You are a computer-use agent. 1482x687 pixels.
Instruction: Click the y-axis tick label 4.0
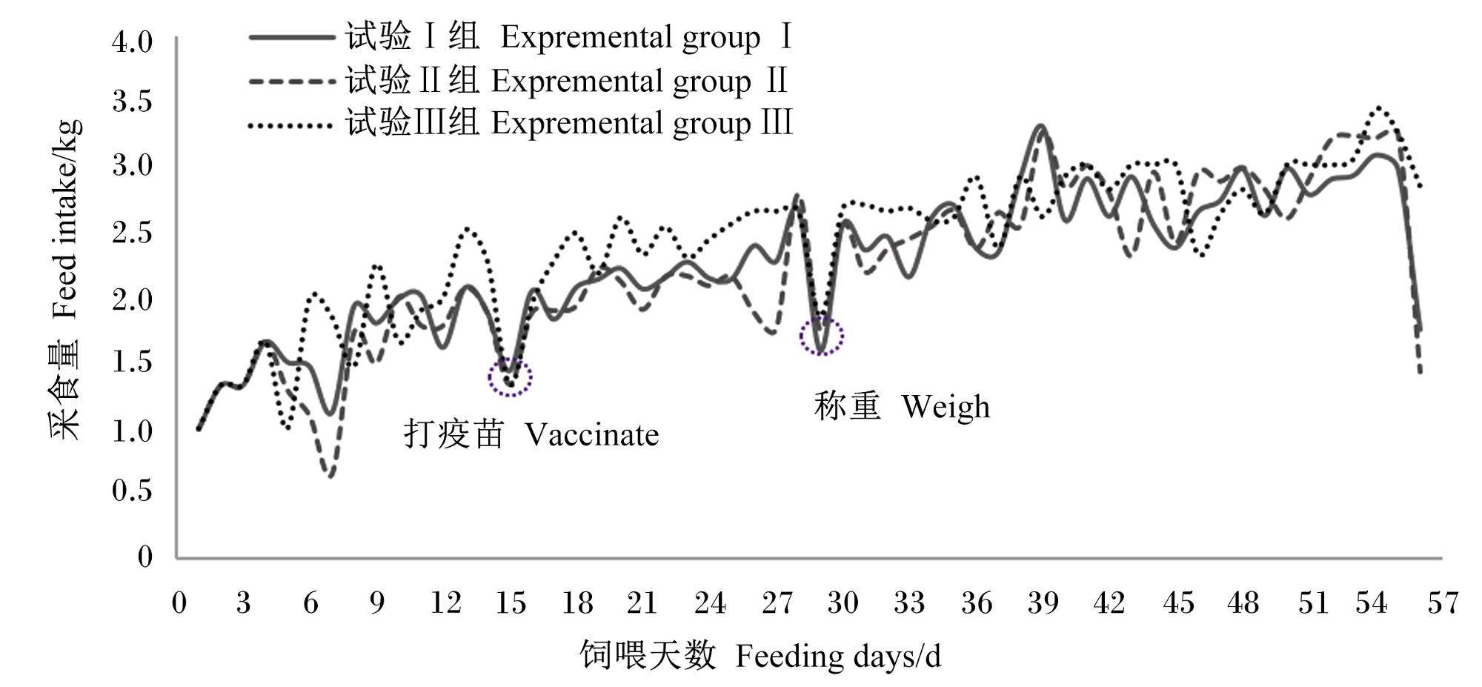[x=132, y=42]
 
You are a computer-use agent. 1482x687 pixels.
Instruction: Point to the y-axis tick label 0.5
[x=132, y=490]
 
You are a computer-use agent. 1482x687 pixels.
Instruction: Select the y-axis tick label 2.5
[x=132, y=233]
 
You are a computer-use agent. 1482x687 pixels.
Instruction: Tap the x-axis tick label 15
[x=511, y=603]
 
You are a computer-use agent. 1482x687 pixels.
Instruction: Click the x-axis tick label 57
[x=1443, y=603]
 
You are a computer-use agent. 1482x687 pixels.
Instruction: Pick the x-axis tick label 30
[x=843, y=603]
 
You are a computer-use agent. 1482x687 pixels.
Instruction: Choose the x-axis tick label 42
[x=1109, y=603]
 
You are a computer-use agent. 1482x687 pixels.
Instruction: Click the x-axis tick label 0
[x=179, y=603]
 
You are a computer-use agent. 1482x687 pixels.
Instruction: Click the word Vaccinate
[x=592, y=435]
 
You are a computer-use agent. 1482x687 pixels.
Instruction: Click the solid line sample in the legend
[x=291, y=37]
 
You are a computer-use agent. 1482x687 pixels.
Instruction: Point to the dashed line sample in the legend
[x=291, y=81]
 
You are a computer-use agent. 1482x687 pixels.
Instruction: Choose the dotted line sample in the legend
[x=291, y=126]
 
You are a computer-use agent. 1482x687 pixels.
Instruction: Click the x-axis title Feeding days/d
[x=838, y=657]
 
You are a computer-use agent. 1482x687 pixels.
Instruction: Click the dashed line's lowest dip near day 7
[x=330, y=477]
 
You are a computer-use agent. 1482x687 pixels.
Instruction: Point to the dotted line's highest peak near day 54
[x=1379, y=107]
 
